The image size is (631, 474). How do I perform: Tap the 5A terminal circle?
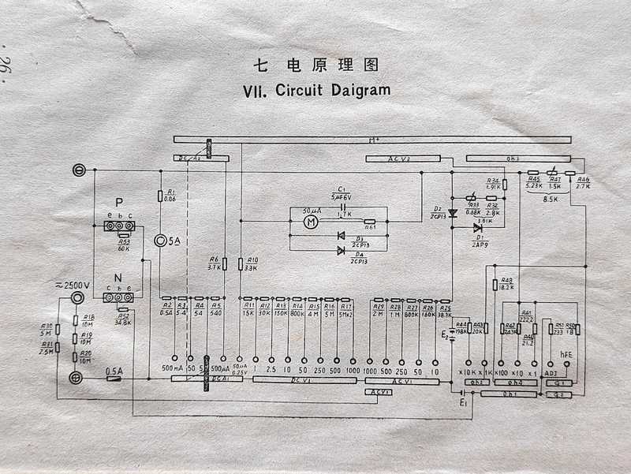pyautogui.click(x=162, y=241)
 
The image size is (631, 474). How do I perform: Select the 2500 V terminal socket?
pyautogui.click(x=77, y=299)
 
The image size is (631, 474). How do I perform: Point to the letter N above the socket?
pyautogui.click(x=118, y=277)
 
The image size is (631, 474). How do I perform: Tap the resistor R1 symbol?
pyautogui.click(x=160, y=196)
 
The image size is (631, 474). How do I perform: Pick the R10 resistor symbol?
pyautogui.click(x=240, y=263)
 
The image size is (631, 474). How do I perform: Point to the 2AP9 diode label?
pyautogui.click(x=479, y=244)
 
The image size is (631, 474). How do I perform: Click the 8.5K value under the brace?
pyautogui.click(x=551, y=200)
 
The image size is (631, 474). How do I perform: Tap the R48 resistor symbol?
pyautogui.click(x=495, y=284)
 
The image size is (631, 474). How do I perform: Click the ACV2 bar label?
pyautogui.click(x=402, y=159)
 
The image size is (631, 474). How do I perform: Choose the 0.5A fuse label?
pyautogui.click(x=115, y=369)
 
